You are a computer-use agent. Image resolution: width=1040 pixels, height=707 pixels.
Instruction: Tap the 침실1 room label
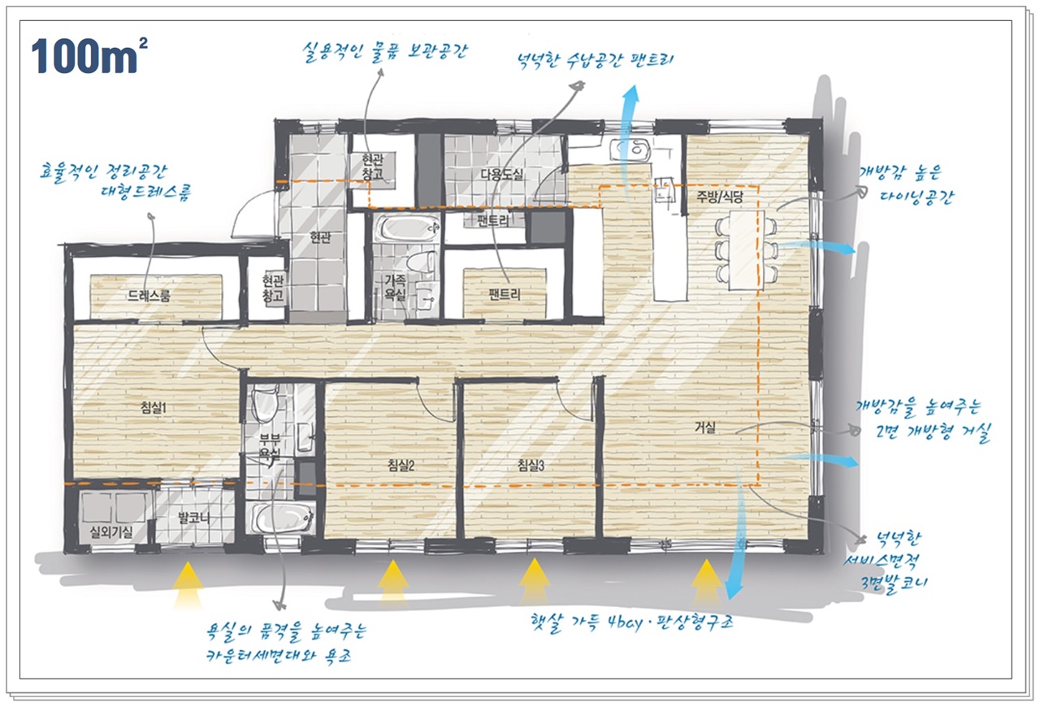coord(154,408)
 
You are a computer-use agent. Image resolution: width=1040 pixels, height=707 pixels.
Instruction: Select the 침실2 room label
coord(401,465)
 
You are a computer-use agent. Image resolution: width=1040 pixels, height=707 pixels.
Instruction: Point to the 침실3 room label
coord(531,465)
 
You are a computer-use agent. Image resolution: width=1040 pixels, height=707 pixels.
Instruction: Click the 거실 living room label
coord(704,427)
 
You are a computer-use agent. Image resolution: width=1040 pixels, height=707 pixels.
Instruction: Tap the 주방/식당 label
coord(720,197)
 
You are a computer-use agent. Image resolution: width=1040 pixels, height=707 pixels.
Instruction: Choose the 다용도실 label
coord(501,174)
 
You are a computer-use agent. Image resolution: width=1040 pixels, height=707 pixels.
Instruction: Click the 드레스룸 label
coord(149,296)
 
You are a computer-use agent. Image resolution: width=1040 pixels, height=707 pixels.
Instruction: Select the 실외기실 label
coord(111,532)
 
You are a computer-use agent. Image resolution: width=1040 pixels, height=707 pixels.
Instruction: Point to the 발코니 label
coord(194,517)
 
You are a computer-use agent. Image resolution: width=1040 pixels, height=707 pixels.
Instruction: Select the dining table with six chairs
coord(746,250)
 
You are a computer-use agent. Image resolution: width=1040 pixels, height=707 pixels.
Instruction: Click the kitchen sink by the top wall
coord(630,150)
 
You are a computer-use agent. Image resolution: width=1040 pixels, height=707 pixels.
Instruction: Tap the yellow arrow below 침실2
coord(393,583)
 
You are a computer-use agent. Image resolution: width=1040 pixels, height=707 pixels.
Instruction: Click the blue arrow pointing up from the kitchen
coord(628,139)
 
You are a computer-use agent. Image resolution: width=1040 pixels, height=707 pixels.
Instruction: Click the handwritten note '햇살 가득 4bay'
coord(593,622)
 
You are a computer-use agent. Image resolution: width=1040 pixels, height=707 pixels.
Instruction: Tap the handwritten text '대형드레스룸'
coord(146,193)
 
